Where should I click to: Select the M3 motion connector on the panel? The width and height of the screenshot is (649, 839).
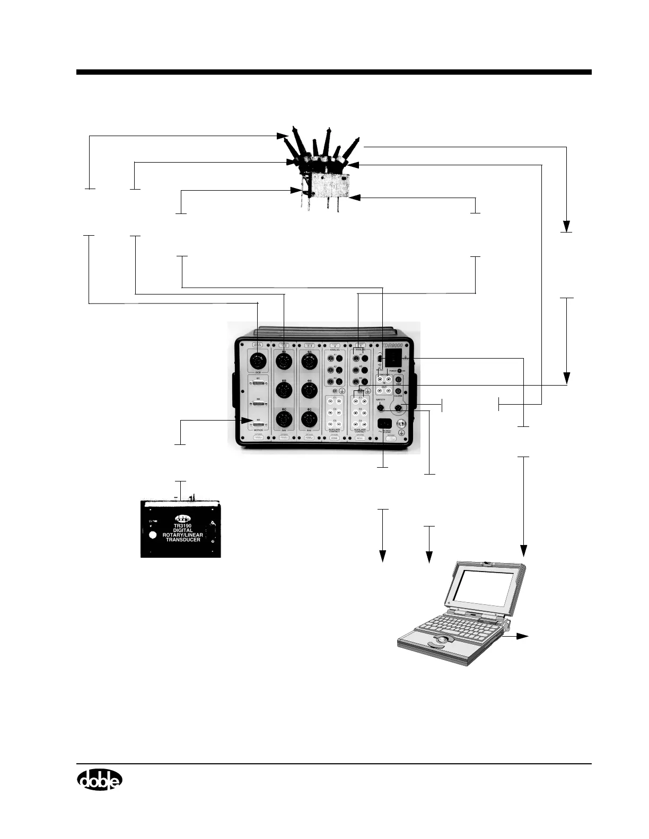tap(258, 423)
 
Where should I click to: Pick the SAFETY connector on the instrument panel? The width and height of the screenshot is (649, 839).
tap(380, 408)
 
